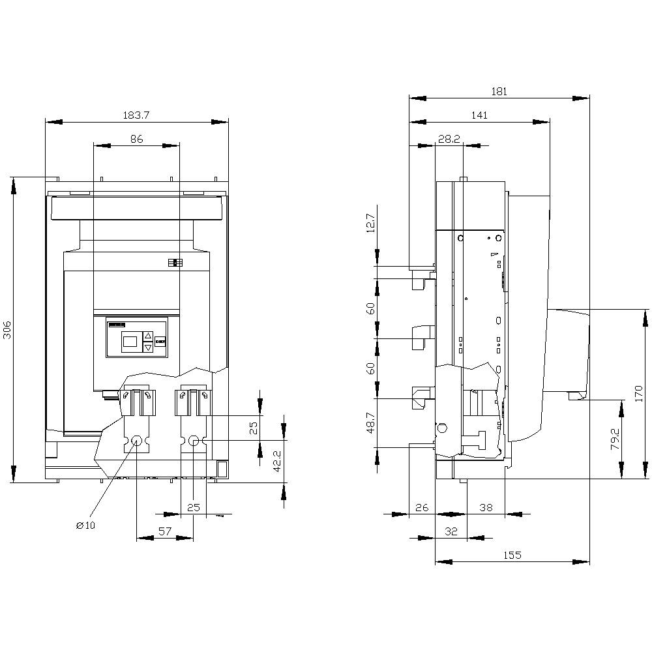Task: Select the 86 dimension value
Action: click(x=136, y=139)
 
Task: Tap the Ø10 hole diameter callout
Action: click(x=85, y=526)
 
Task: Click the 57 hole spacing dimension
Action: click(x=164, y=531)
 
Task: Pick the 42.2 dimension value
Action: click(x=276, y=461)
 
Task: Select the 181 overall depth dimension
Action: click(x=499, y=92)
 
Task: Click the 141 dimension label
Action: click(x=479, y=115)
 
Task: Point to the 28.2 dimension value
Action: click(x=449, y=139)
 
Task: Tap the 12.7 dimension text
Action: click(x=370, y=223)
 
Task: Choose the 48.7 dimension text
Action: click(x=370, y=423)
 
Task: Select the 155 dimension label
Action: click(x=512, y=556)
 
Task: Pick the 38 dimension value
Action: click(x=486, y=507)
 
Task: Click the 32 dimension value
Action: click(x=451, y=531)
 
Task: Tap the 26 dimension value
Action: click(x=421, y=507)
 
